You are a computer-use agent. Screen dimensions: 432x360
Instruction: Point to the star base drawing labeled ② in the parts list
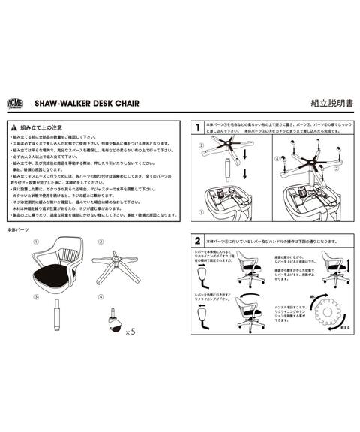tap(117, 268)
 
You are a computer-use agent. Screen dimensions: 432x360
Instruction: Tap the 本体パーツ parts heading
tap(19, 230)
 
